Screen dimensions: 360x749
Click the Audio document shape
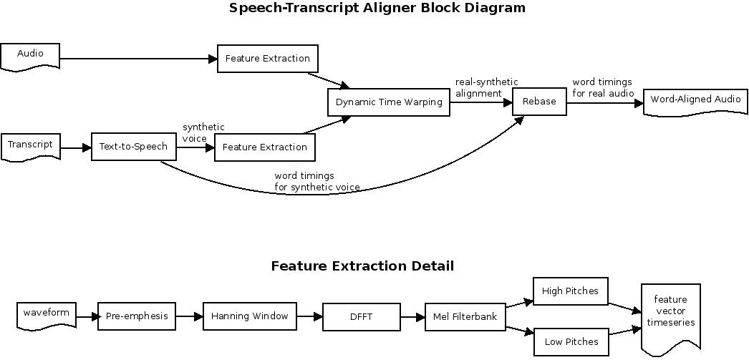point(30,56)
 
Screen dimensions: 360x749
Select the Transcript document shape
point(30,146)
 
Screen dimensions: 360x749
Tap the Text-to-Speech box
point(134,147)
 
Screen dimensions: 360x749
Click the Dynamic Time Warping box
point(389,102)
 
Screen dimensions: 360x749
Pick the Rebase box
point(539,102)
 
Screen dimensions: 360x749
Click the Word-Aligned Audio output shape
point(695,101)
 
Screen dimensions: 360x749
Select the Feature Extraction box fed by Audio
point(267,59)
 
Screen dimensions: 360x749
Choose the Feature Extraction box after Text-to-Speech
point(265,147)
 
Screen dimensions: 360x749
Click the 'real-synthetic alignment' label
point(486,88)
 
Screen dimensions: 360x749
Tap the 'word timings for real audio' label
point(602,88)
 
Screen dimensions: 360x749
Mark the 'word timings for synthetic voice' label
point(316,182)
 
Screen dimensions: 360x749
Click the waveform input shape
point(47,315)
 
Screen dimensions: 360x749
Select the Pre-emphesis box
point(136,316)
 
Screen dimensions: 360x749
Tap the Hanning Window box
point(249,316)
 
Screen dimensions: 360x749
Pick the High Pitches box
point(571,291)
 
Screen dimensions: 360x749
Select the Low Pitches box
point(571,342)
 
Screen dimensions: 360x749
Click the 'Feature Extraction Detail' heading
point(362,266)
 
